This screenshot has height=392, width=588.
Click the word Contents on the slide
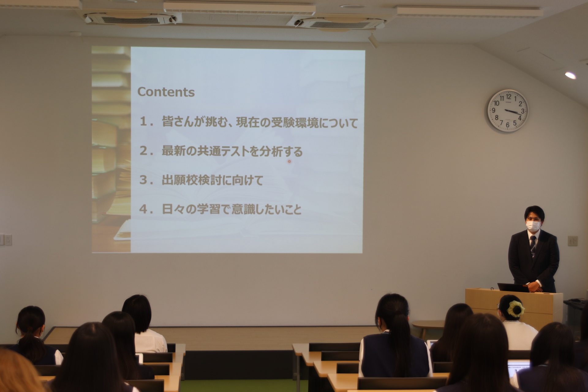(166, 92)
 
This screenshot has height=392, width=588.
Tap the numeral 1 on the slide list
(143, 122)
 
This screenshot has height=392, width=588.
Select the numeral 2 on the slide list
(143, 151)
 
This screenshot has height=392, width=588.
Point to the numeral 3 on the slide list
(143, 180)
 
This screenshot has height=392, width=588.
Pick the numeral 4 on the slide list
(143, 209)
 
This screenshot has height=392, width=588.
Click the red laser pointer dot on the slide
(289, 161)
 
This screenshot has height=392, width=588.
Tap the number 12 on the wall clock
(508, 97)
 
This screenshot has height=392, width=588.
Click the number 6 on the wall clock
(507, 125)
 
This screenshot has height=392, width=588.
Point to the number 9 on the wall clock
(493, 110)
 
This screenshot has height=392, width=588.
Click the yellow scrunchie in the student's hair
(516, 308)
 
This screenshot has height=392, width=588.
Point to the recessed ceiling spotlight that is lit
(570, 75)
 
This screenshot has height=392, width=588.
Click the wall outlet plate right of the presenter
(573, 241)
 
